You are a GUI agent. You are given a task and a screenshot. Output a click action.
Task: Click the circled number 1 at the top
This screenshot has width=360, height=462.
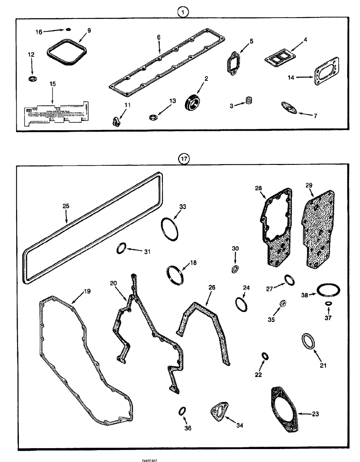[183, 12]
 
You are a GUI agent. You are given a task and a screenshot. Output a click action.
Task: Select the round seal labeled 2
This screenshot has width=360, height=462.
[193, 101]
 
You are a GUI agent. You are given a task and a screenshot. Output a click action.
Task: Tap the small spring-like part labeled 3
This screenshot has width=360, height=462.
[250, 100]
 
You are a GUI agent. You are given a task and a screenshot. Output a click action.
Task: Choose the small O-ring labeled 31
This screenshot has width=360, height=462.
[121, 249]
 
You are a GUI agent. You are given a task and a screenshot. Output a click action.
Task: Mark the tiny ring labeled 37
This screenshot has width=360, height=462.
[328, 304]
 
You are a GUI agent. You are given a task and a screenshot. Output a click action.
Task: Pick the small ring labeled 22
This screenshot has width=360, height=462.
[265, 356]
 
